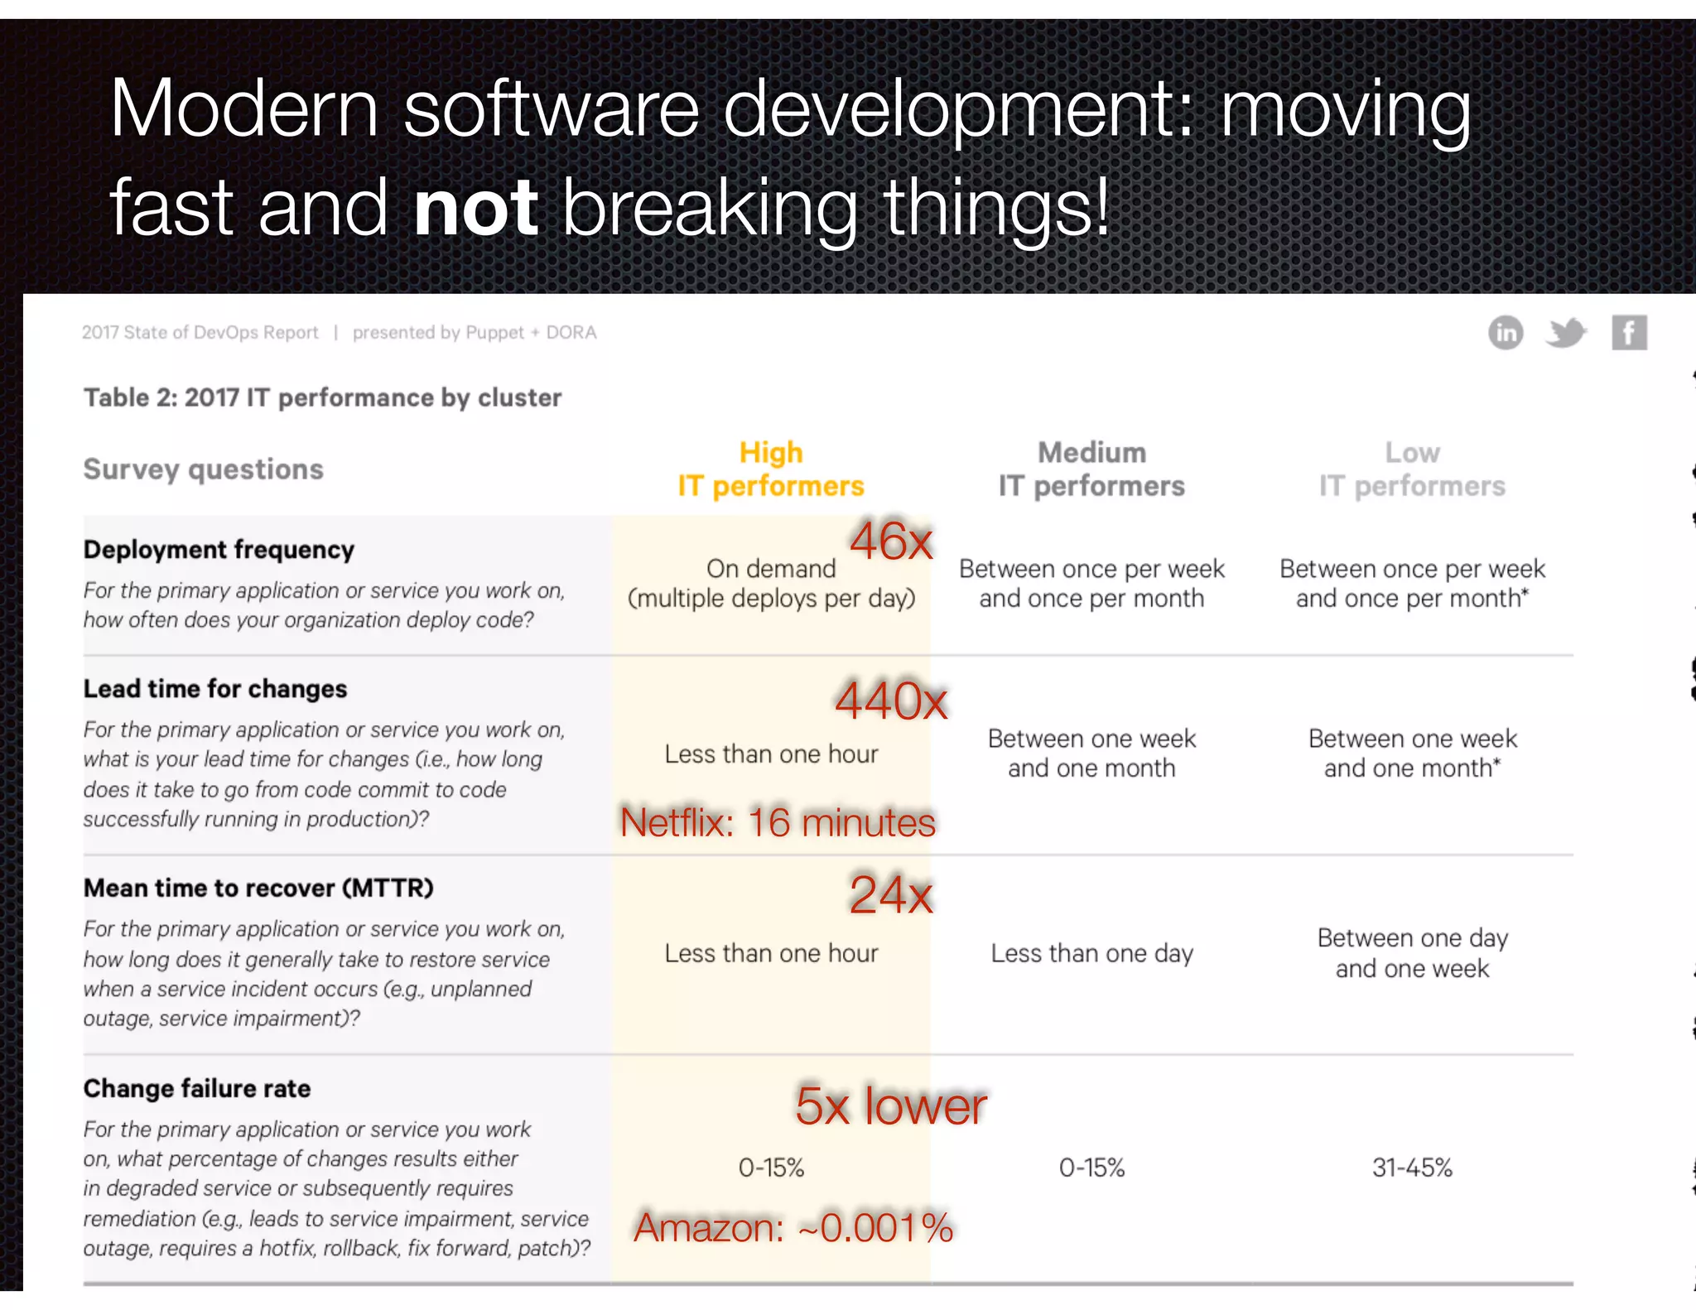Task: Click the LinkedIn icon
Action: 1505,333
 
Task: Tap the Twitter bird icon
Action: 1565,333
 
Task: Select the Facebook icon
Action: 1628,333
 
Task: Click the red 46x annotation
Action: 891,541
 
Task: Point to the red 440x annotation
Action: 891,701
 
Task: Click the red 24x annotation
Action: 891,894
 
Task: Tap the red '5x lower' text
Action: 890,1105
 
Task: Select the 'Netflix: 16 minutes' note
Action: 778,822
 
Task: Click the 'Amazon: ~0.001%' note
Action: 793,1227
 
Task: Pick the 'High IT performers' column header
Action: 771,469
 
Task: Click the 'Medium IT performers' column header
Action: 1091,469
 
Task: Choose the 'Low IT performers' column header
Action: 1412,469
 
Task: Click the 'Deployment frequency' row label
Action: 219,550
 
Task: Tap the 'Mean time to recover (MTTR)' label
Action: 258,888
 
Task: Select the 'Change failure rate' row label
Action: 197,1088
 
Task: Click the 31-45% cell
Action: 1412,1168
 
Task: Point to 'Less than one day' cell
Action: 1091,953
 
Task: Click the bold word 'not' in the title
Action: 476,207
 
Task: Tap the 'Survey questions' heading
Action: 203,470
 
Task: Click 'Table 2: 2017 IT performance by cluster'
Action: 322,397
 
